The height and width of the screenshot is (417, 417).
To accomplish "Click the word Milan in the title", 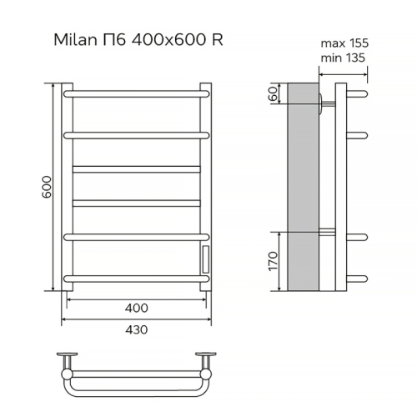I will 73,39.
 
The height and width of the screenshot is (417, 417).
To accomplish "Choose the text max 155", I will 344,43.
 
